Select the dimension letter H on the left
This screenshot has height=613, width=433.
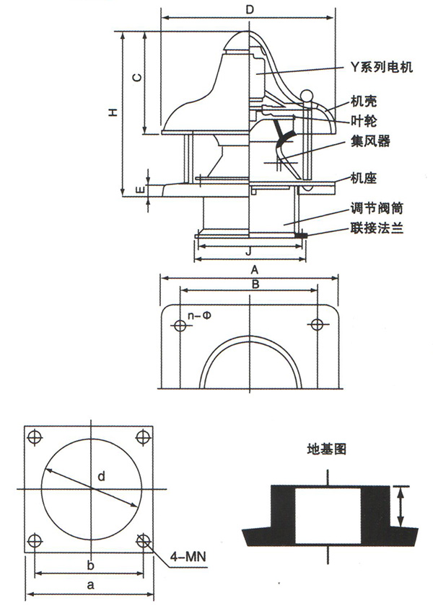tap(112, 112)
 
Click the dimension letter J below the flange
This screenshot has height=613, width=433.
tap(248, 252)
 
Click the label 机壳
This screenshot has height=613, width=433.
tap(363, 102)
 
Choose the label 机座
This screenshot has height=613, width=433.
tap(363, 176)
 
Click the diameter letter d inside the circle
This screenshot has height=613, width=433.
tap(101, 476)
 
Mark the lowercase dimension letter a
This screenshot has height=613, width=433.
tap(90, 586)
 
